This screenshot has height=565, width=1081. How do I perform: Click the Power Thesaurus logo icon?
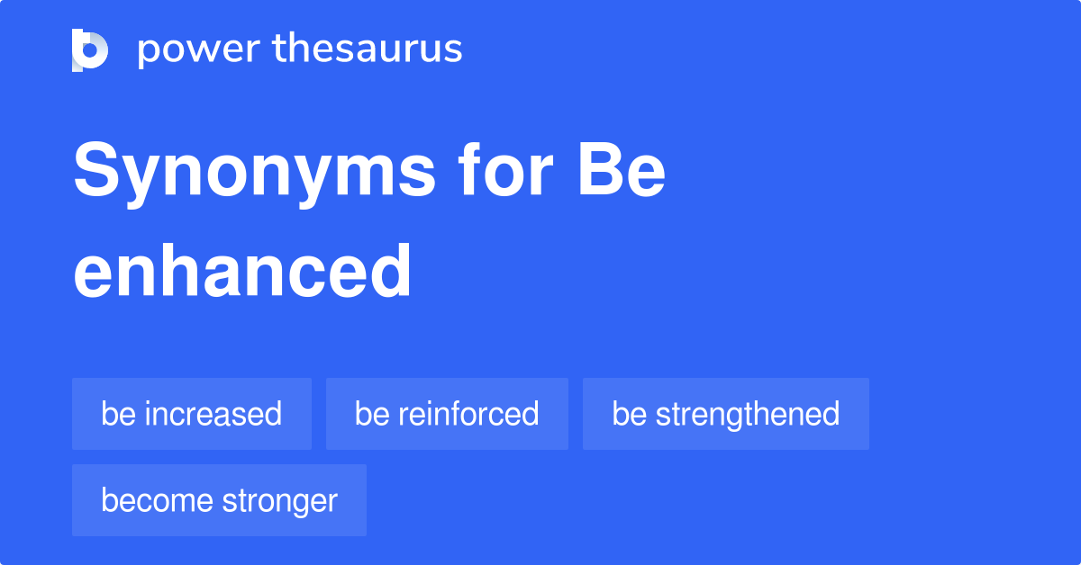90,49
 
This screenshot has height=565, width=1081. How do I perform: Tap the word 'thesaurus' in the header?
368,49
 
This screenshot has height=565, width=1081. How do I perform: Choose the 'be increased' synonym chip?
192,414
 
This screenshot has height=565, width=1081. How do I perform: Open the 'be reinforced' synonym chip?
447,414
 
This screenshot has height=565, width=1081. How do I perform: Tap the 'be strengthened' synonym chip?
726,414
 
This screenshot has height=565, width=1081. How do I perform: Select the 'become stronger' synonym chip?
219,500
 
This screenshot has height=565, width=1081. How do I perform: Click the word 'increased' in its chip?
213,414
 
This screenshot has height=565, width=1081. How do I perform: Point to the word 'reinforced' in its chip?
468,414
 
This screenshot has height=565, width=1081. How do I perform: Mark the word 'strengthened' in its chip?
748,414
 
